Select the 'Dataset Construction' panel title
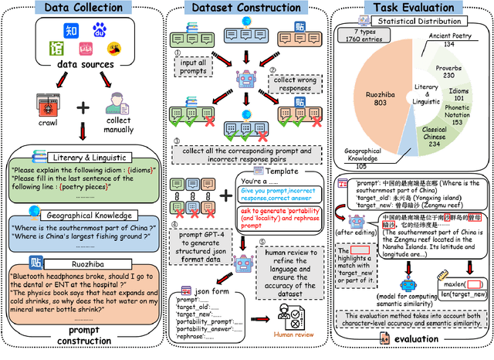coord(245,8)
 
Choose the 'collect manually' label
coord(117,125)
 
